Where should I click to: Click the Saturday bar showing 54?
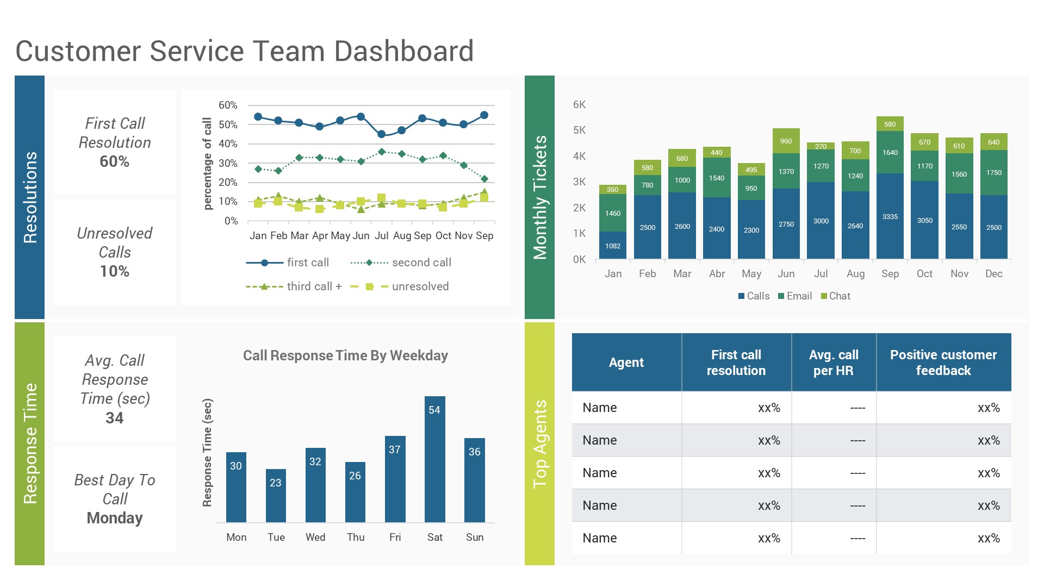[x=434, y=459]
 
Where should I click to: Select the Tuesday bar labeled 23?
[x=276, y=495]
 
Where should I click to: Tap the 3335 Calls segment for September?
[x=890, y=216]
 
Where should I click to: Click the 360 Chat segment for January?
[x=612, y=189]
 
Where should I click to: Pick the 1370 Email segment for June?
[x=786, y=172]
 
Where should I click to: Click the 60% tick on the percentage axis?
[x=228, y=105]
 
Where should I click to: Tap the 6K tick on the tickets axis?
[x=579, y=104]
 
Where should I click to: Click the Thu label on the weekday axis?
[x=356, y=537]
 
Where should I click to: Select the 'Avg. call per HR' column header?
[x=833, y=363]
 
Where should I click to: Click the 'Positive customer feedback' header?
[x=943, y=363]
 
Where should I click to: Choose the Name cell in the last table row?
[x=599, y=538]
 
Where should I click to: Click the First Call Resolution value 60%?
[x=114, y=161]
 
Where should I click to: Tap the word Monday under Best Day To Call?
[x=114, y=518]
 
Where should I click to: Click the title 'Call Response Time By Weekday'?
[x=345, y=355]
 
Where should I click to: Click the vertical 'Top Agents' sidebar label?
[x=539, y=444]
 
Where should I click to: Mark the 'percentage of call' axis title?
[x=207, y=163]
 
